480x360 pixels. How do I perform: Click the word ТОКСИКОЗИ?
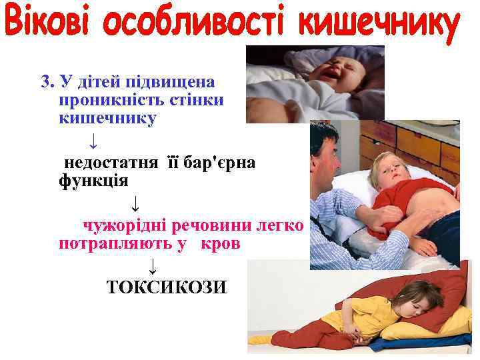click(167, 287)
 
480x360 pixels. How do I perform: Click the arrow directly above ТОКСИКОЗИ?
click(153, 267)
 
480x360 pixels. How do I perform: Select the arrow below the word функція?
click(135, 202)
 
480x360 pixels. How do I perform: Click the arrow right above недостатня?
click(94, 141)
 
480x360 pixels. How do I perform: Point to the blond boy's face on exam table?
click(387, 170)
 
